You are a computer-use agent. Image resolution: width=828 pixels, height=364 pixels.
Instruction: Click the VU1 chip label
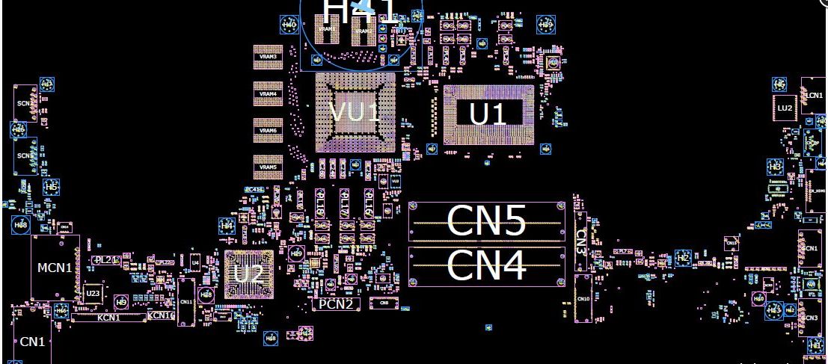pos(355,114)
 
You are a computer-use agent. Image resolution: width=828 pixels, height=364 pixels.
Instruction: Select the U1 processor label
pos(487,114)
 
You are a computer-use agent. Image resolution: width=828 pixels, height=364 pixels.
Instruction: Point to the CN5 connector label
pos(485,220)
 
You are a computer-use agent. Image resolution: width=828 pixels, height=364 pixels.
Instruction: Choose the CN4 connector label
pos(485,266)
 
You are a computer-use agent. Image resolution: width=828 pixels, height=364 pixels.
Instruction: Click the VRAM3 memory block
pos(268,57)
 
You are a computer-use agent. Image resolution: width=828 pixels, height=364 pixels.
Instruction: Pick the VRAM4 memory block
pos(268,93)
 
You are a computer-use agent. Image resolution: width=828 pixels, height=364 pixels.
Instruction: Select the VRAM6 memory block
pos(268,130)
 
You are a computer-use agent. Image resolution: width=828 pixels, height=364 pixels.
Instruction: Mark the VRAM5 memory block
pos(268,167)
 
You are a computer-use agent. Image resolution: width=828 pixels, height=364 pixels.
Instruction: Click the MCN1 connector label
pos(55,267)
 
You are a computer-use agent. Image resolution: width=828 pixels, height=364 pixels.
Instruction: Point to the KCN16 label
pos(161,315)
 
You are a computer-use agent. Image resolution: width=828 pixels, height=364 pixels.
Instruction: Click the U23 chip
pos(93,294)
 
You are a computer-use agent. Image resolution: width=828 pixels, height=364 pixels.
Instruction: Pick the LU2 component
pos(784,108)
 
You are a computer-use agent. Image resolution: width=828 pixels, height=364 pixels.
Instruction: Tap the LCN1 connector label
pos(815,95)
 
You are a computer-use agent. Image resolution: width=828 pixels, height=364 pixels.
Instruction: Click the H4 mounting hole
pos(227,225)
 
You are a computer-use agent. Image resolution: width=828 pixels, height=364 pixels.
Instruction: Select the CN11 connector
pos(186,302)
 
